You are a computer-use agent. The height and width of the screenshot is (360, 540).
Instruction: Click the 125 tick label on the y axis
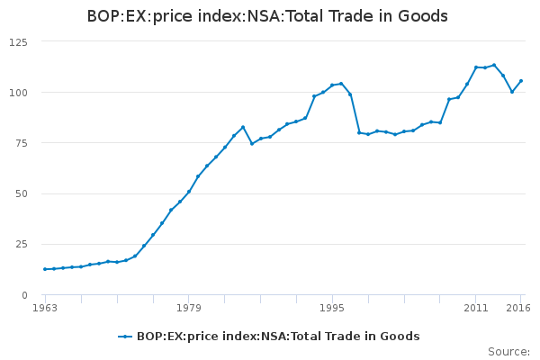point(18,42)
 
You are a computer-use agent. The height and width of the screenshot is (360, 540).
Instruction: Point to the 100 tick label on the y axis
point(18,93)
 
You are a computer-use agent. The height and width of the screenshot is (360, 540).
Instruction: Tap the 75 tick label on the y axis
point(21,143)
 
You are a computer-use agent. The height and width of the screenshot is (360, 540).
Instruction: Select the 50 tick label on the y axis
point(21,193)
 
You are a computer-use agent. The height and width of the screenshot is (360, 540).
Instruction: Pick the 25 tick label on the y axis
point(21,244)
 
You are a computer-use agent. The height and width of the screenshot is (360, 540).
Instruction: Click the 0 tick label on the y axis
point(24,295)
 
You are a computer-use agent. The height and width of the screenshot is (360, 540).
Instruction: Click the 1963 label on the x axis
point(45,309)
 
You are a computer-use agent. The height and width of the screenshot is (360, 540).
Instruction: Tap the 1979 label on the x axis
point(189,309)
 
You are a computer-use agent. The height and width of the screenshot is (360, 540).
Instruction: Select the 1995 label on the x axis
point(332,309)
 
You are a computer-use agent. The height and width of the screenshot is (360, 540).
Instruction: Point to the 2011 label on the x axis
point(476,309)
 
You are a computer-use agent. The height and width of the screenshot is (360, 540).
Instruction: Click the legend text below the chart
point(278,337)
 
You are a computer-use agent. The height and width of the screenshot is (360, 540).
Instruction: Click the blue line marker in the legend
point(126,337)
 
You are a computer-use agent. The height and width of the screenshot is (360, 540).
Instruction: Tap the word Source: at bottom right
point(508,352)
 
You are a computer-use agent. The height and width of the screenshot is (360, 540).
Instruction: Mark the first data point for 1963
point(45,269)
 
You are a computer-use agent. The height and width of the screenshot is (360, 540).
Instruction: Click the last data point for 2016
point(521,81)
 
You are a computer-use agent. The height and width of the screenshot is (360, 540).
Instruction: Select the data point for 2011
point(476,67)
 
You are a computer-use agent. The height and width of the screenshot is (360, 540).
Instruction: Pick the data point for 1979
point(189,192)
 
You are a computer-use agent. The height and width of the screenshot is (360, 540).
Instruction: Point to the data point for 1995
point(332,85)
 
